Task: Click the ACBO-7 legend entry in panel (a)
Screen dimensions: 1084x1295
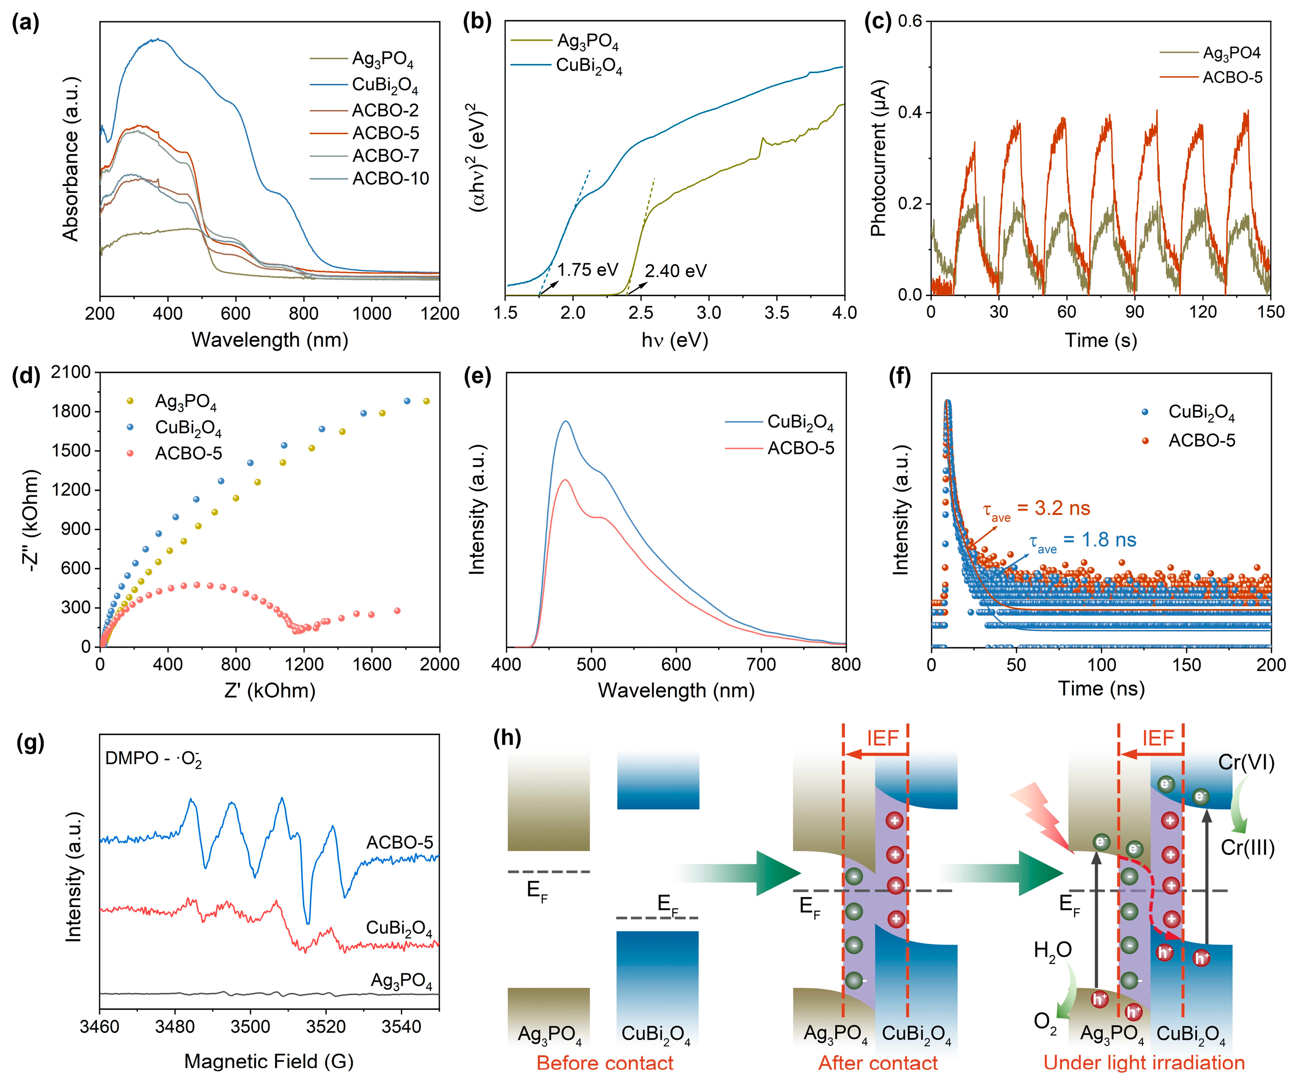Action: click(385, 155)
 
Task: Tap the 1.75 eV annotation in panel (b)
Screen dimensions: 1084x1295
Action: click(587, 270)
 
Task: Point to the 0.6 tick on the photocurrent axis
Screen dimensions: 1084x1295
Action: click(910, 21)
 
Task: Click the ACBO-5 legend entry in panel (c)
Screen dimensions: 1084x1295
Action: click(1232, 77)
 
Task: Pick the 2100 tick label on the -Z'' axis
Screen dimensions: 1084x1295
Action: click(71, 372)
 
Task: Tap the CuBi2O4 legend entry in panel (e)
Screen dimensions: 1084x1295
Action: click(800, 423)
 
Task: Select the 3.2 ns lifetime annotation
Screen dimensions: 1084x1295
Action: click(1036, 509)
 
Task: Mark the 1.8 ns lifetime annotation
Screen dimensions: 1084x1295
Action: click(1082, 541)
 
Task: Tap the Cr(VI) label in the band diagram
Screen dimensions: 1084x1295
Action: click(1246, 763)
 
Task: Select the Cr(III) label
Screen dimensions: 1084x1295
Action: click(1247, 848)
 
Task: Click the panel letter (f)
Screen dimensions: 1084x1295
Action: click(900, 376)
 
